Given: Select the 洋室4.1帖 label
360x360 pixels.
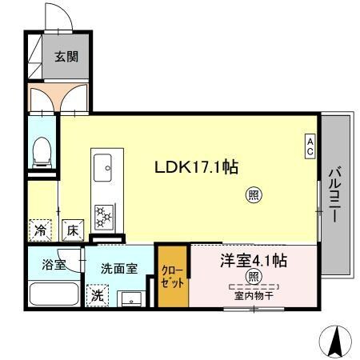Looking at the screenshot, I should tap(254, 261).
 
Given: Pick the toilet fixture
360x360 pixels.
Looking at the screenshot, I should tap(42, 152).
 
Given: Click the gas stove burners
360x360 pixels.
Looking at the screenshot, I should tap(103, 214).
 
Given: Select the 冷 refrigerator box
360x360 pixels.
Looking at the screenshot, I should tap(40, 230).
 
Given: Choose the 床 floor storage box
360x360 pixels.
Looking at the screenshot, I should tap(71, 230).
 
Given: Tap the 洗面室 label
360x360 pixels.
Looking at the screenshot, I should tap(118, 269).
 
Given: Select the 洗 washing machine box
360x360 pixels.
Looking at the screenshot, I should tap(96, 294).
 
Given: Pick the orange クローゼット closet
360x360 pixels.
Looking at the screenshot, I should tap(172, 277).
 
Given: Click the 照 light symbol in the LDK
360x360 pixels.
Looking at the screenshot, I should tap(254, 194).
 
